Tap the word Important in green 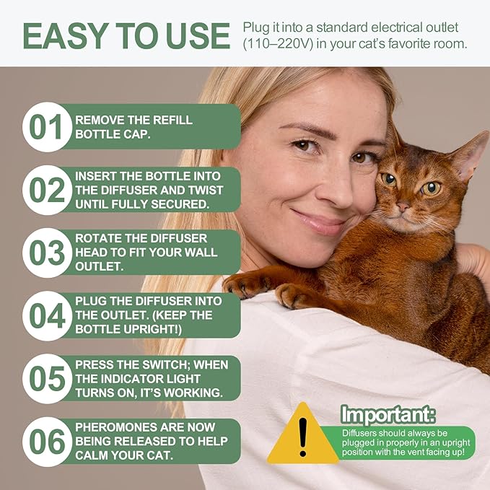click(388, 415)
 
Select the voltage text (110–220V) click(275, 44)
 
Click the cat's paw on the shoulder click(296, 294)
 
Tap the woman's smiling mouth click(320, 219)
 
